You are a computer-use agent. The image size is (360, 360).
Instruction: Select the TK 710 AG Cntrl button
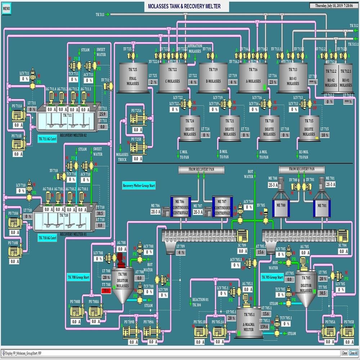pyautogui.click(x=48, y=238)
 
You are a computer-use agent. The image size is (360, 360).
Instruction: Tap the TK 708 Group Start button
pyautogui.click(x=78, y=277)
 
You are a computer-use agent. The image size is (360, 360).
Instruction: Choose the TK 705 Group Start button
pyautogui.click(x=271, y=277)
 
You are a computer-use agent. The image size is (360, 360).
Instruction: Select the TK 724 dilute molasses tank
pyautogui.click(x=190, y=128)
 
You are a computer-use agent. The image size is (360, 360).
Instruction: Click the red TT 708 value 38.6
pyautogui.click(x=106, y=290)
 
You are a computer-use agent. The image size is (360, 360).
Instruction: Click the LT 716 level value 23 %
pyautogui.click(x=273, y=82)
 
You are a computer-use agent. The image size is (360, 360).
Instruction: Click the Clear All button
pyautogui.click(x=354, y=353)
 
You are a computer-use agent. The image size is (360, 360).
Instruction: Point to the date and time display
pyautogui.click(x=334, y=5)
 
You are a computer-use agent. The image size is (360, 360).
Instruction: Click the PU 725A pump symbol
pyautogui.click(x=136, y=119)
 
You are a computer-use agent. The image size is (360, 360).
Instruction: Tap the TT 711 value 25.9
pyautogui.click(x=103, y=114)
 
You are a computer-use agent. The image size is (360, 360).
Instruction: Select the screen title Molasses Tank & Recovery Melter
pyautogui.click(x=184, y=6)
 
